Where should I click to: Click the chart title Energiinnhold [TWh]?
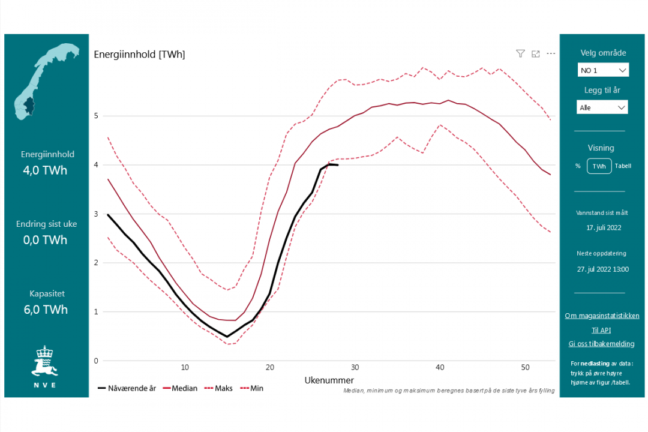tap(139, 55)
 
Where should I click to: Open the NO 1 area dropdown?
tap(603, 70)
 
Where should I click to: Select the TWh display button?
tap(599, 166)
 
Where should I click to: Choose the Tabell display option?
tap(623, 166)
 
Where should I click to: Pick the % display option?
tap(578, 166)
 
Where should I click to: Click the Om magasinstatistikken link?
tap(602, 316)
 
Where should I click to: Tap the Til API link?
tap(601, 330)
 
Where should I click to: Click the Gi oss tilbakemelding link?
tap(601, 344)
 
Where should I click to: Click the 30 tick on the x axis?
tap(355, 367)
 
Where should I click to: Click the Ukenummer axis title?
tap(329, 380)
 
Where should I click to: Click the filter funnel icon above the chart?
tap(520, 53)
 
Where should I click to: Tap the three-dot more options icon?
tap(551, 53)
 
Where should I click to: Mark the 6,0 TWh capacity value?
tap(46, 310)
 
